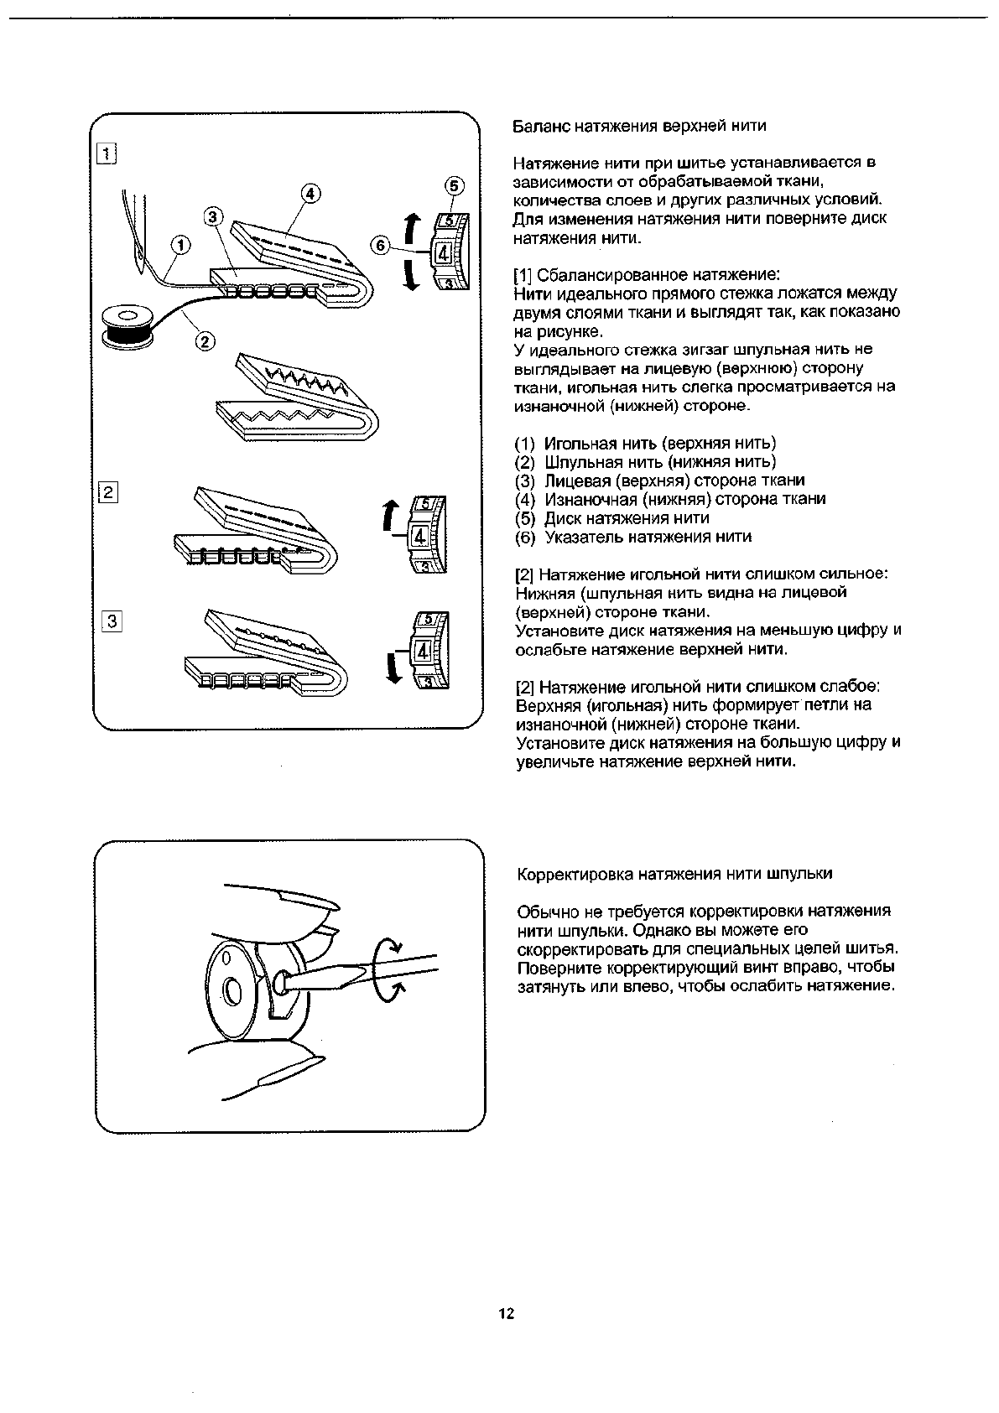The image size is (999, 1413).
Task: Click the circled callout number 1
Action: [180, 246]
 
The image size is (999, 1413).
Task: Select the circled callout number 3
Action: [214, 217]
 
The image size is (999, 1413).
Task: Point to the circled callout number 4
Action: [310, 194]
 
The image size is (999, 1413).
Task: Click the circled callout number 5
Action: [453, 186]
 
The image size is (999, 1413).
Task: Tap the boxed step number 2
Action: [107, 493]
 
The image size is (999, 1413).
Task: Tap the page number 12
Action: [505, 1314]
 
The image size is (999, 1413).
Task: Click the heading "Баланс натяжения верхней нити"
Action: [639, 126]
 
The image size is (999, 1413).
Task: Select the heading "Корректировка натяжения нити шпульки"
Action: [674, 874]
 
